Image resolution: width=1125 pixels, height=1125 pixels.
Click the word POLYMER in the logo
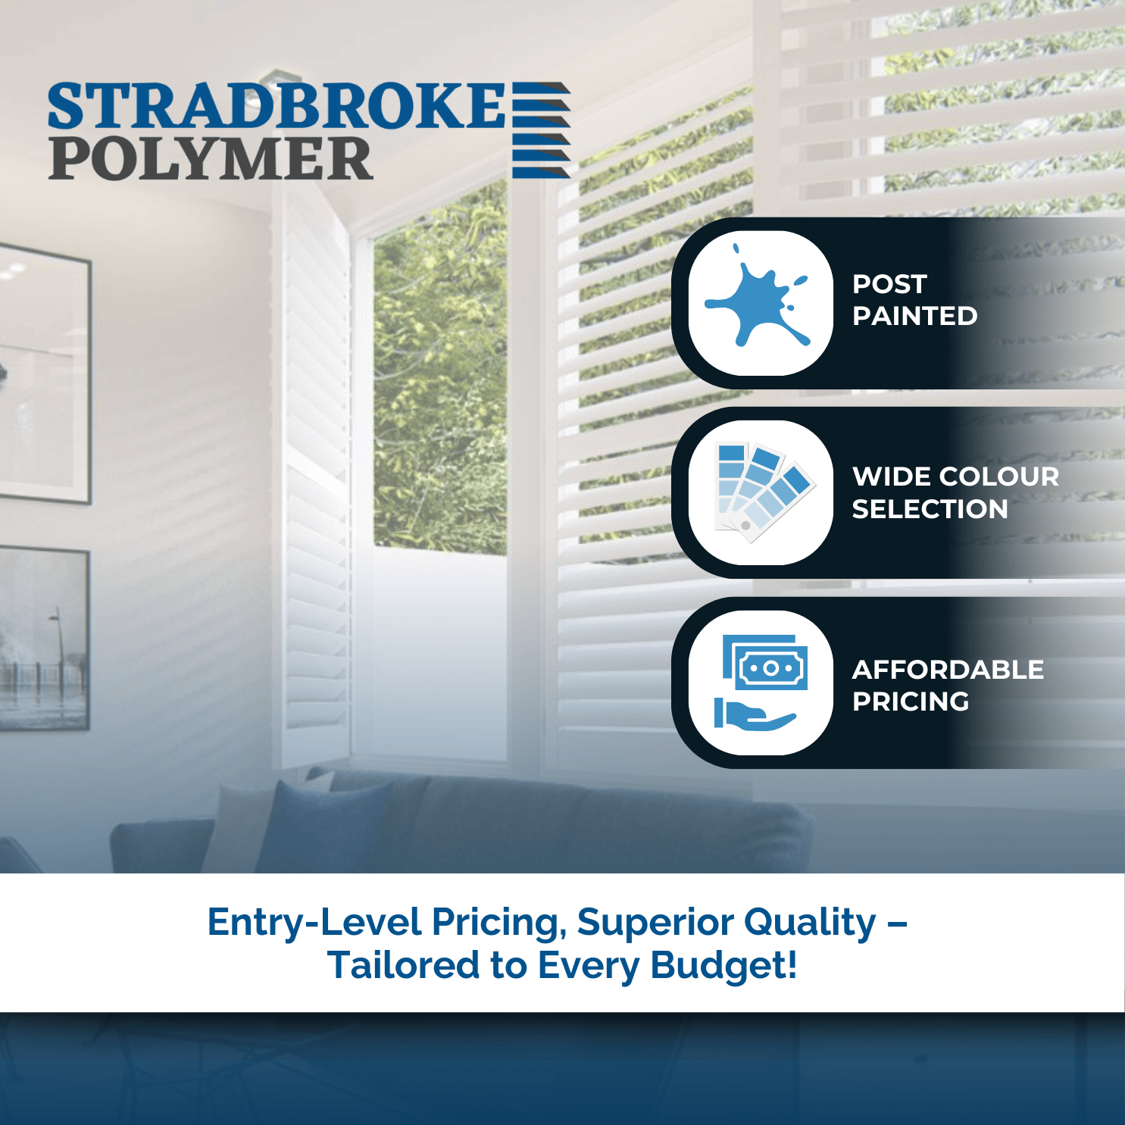click(211, 158)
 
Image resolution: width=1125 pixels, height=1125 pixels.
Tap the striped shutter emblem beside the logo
click(541, 130)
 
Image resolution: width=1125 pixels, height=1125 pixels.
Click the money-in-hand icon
click(761, 683)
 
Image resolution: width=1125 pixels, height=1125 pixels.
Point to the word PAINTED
click(914, 316)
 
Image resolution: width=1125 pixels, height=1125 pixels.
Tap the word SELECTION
click(930, 509)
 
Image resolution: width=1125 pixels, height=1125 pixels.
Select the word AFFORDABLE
click(948, 670)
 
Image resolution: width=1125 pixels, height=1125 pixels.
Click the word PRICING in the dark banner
click(911, 702)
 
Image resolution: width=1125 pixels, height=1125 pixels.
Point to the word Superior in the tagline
click(655, 923)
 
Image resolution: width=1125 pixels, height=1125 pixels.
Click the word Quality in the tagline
click(810, 923)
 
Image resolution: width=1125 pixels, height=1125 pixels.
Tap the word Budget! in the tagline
click(723, 966)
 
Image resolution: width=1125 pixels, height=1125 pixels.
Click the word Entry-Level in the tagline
click(314, 923)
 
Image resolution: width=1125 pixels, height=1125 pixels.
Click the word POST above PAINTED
click(889, 284)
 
